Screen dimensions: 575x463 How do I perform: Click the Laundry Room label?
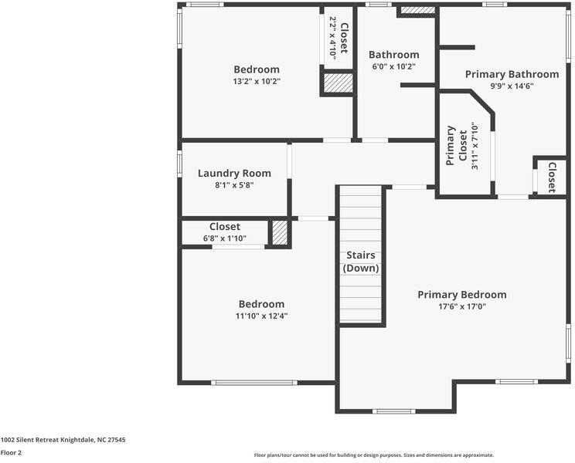(234, 173)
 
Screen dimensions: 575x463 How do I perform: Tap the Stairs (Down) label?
(361, 262)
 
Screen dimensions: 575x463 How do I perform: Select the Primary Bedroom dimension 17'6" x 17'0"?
(462, 306)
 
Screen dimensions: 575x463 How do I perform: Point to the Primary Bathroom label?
(512, 74)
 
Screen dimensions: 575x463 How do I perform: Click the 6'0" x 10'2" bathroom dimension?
(394, 66)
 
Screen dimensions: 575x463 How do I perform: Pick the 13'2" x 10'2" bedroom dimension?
(257, 81)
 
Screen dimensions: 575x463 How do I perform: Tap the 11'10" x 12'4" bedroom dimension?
(261, 316)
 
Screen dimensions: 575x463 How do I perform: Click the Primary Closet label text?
(456, 146)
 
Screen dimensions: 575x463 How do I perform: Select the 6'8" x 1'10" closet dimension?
(225, 238)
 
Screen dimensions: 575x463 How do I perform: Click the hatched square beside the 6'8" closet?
(280, 233)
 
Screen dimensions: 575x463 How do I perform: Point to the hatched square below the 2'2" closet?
(338, 83)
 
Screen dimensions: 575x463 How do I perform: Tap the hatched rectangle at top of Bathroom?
(417, 10)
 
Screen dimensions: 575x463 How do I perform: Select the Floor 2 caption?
(11, 453)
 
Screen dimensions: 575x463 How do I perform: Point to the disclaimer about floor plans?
(374, 455)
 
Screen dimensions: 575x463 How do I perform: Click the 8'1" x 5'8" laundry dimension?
(234, 185)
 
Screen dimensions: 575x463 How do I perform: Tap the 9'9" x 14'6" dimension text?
(512, 86)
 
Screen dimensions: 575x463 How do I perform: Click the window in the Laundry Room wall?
(179, 164)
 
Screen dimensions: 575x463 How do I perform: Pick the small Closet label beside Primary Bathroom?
(552, 177)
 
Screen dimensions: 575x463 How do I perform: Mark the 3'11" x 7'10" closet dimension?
(475, 146)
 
